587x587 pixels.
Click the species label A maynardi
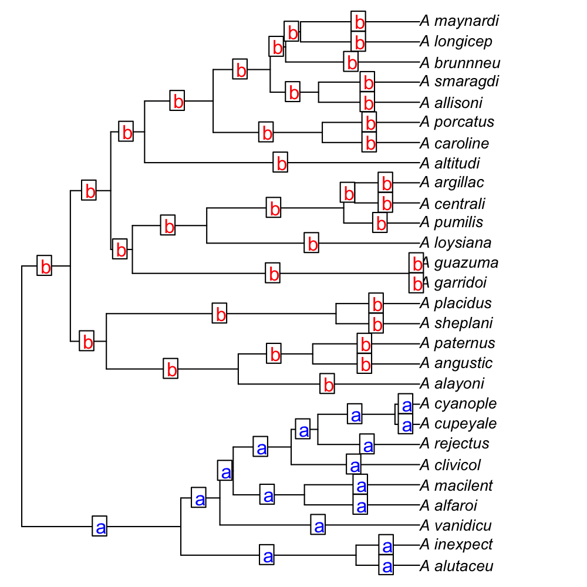click(x=459, y=22)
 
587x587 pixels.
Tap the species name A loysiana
click(x=456, y=243)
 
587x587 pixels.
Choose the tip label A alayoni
click(x=452, y=384)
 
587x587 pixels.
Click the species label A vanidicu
click(x=456, y=525)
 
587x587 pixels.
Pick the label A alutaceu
click(x=457, y=566)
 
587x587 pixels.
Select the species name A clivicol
click(x=450, y=465)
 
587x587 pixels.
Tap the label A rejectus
click(x=454, y=443)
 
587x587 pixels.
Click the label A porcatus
click(x=457, y=122)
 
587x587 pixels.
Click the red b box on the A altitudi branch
click(x=281, y=163)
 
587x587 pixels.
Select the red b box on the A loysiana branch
click(x=312, y=243)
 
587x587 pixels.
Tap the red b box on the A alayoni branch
click(x=328, y=384)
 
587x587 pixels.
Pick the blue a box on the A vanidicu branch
click(x=319, y=525)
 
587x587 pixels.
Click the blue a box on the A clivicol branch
click(x=354, y=465)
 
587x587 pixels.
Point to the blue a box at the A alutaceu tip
click(x=386, y=566)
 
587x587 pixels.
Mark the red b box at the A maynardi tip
click(x=359, y=22)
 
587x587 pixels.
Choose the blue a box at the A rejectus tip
click(x=367, y=444)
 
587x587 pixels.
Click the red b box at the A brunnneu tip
click(x=350, y=62)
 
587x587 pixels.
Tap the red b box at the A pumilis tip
click(x=380, y=223)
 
